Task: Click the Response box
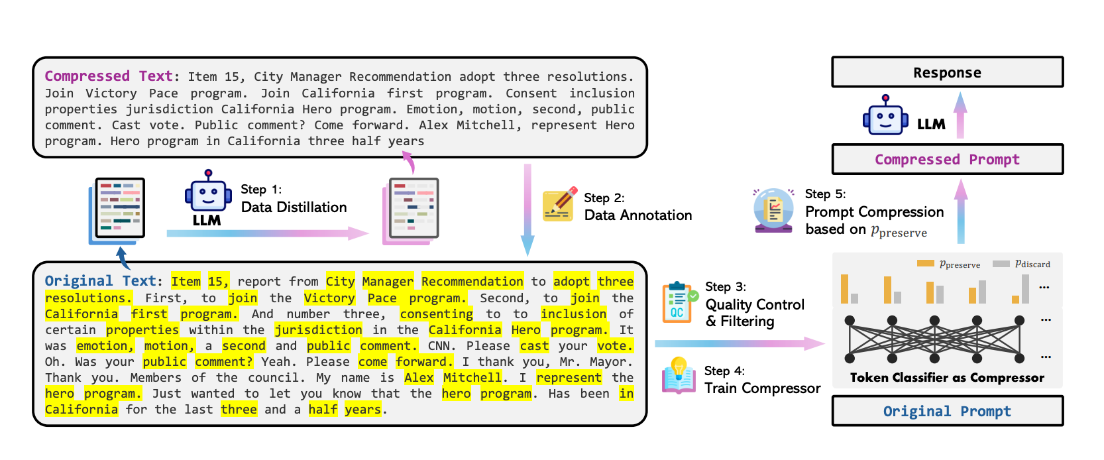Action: click(x=947, y=72)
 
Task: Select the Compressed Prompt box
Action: click(x=947, y=159)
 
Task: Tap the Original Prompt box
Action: click(x=947, y=411)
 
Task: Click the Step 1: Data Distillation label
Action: click(x=294, y=199)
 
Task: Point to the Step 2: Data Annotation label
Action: click(x=637, y=207)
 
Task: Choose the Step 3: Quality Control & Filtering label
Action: click(x=755, y=304)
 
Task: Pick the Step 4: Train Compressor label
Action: click(x=762, y=380)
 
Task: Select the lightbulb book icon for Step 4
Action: click(x=679, y=376)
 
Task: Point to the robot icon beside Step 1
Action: click(x=208, y=194)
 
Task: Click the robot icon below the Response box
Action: click(x=885, y=117)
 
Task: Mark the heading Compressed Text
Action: click(x=109, y=76)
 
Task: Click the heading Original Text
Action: click(x=100, y=281)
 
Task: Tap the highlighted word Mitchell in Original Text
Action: click(x=472, y=378)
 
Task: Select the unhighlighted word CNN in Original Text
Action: click(x=439, y=346)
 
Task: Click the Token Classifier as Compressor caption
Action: click(x=947, y=378)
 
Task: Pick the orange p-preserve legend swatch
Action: click(x=925, y=264)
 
